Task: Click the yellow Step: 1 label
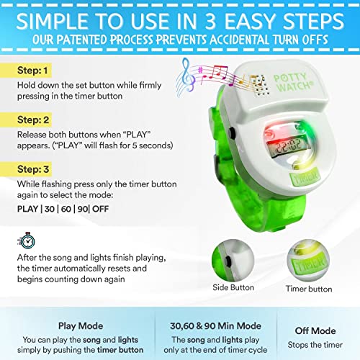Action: [26, 71]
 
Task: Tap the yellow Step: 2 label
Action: [26, 120]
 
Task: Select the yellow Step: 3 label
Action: [26, 169]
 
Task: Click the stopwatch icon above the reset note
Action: [27, 240]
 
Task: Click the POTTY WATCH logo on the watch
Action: [293, 82]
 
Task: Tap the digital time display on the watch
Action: [288, 147]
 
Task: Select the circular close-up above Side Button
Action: [233, 261]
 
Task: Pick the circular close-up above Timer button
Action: [308, 261]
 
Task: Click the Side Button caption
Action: [233, 287]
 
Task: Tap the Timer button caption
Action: [309, 289]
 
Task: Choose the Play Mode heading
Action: [81, 326]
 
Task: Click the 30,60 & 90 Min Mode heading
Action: [215, 326]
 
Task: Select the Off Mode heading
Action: [315, 330]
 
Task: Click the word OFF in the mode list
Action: [101, 209]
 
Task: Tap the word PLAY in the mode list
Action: [27, 209]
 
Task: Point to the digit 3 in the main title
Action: [210, 21]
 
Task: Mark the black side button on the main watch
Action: [232, 132]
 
